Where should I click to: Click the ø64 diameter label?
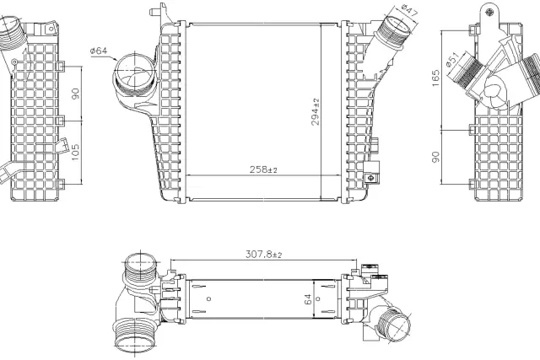99,51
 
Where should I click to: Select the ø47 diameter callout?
410,11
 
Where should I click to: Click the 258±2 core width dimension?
262,169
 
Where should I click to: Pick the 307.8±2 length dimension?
263,253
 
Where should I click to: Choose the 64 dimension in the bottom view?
306,297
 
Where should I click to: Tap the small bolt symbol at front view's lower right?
370,179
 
